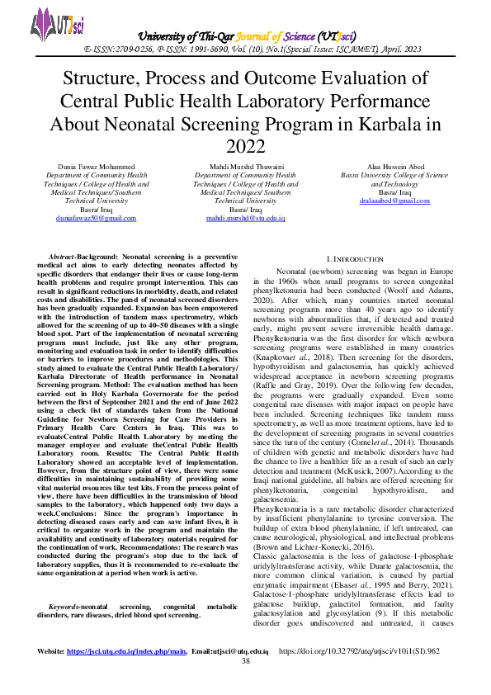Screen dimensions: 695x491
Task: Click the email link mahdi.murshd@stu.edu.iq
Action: pos(245,217)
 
